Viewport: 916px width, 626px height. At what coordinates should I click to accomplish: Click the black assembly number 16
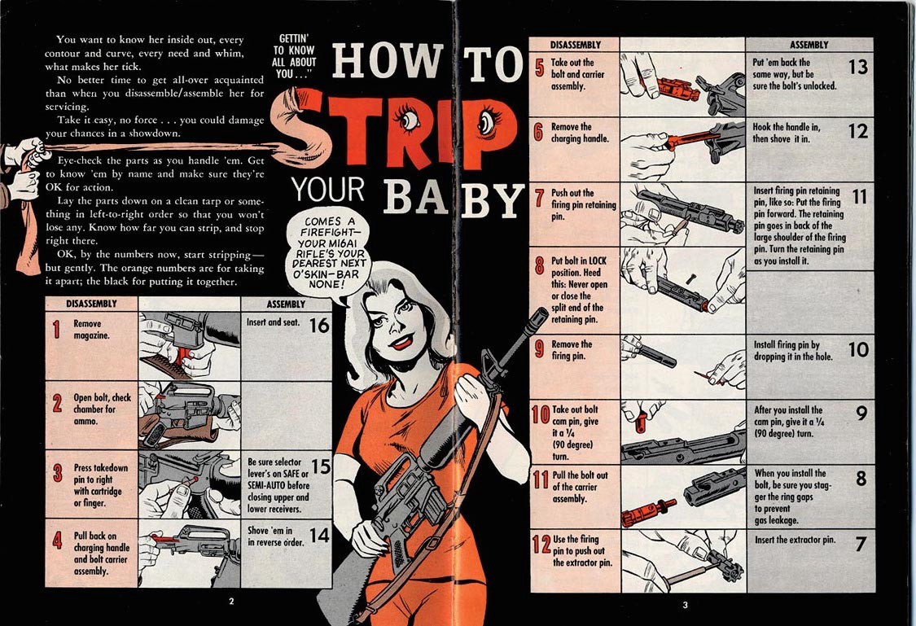point(319,326)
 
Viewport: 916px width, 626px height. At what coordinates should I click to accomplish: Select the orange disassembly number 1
point(56,330)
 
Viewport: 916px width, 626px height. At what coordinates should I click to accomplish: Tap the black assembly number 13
point(857,66)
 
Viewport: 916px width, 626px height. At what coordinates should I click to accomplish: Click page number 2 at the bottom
point(231,602)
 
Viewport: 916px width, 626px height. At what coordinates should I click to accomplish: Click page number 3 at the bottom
point(685,604)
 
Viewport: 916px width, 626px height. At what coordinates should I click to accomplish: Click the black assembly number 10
point(857,350)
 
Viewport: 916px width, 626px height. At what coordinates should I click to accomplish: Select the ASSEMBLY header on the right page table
point(809,45)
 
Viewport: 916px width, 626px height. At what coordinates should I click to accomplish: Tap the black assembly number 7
point(861,544)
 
